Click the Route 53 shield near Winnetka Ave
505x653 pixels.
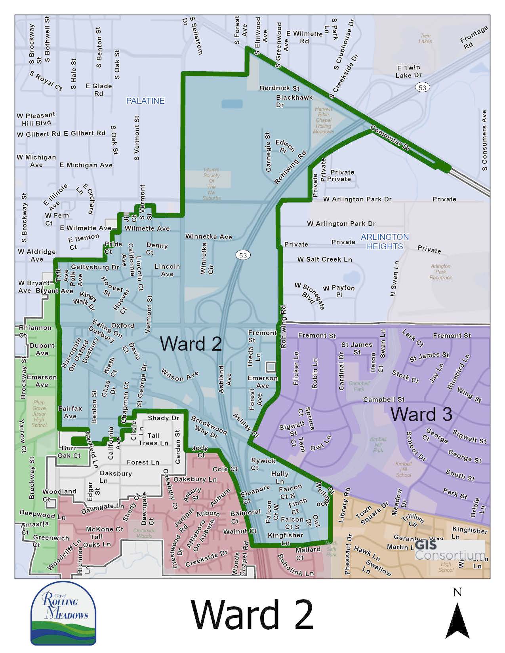coord(243,255)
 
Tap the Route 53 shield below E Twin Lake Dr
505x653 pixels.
coord(423,87)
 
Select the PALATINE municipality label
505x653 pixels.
coord(145,101)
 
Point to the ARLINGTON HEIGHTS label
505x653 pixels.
coord(385,241)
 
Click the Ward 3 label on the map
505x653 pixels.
coord(421,414)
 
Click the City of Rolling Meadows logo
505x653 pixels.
coord(63,613)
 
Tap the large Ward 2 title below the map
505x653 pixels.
coord(252,614)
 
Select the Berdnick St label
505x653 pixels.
coord(280,88)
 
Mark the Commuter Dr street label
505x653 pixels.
coord(391,139)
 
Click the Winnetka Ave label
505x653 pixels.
coord(209,237)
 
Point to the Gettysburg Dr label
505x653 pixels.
coord(95,267)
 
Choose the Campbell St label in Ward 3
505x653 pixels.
coord(384,400)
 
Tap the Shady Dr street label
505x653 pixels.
coord(164,418)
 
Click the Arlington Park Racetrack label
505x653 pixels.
coord(440,272)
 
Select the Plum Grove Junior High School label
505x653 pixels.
coord(39,414)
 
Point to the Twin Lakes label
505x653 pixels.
coord(425,38)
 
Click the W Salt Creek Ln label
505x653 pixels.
coord(325,260)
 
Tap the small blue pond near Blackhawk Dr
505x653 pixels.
coord(232,104)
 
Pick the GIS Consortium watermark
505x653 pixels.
coord(450,550)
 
